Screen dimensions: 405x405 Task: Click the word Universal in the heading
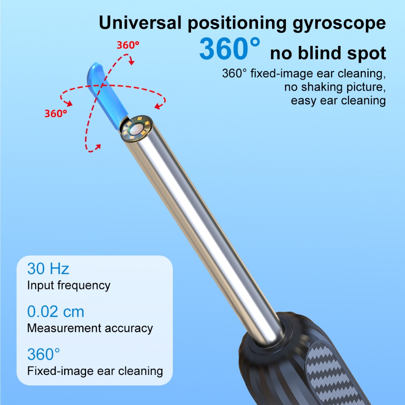coord(140,23)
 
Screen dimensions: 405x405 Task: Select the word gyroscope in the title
coord(339,24)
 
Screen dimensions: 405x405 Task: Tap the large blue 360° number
coord(230,49)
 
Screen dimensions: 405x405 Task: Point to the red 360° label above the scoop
coord(128,45)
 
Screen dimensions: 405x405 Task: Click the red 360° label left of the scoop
coord(56,114)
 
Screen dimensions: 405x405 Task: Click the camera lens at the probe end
coord(136,129)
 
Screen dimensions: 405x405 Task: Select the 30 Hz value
coord(48,269)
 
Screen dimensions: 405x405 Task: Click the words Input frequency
coord(69,286)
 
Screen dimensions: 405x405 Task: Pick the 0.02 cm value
coord(55,312)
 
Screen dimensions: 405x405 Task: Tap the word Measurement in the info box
coord(64,328)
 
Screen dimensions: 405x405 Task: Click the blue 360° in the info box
coord(44,354)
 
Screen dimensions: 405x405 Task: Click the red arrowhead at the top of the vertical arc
coord(132,62)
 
